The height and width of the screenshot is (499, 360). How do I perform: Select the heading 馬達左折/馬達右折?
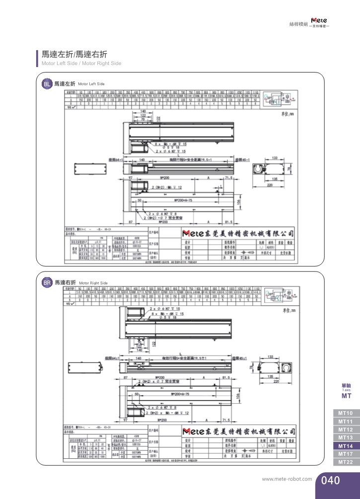click(x=74, y=54)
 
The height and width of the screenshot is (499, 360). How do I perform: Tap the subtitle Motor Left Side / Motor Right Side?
click(x=81, y=64)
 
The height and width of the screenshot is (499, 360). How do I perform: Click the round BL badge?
click(x=47, y=84)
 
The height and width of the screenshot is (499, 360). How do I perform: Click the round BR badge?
click(x=47, y=283)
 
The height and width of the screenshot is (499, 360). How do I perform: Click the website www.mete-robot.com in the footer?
click(x=287, y=480)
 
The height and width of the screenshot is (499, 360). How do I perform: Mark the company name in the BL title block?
click(x=238, y=233)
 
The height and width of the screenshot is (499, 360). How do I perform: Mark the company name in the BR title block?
click(x=239, y=431)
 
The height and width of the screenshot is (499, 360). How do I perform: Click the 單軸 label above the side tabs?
click(x=346, y=385)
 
